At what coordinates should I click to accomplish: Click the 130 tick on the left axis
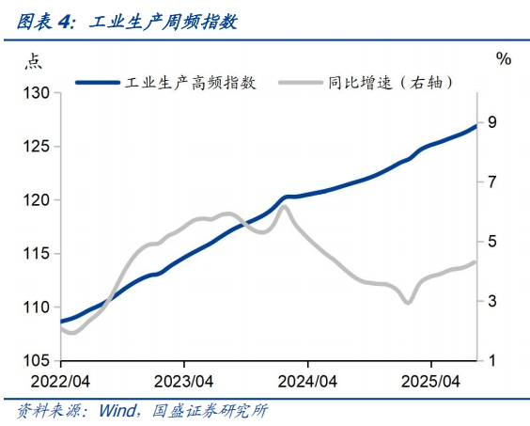36,93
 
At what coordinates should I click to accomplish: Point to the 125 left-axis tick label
36,147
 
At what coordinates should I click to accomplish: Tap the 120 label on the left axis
36,200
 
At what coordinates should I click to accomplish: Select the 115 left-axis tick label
36,253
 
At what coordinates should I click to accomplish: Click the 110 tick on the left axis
36,308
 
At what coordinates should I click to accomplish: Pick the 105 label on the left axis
36,361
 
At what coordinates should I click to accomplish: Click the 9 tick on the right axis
492,122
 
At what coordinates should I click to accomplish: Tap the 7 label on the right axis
492,182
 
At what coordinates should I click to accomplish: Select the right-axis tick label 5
492,242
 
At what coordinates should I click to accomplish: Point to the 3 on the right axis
492,301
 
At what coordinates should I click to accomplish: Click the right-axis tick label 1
492,360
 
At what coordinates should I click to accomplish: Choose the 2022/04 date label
60,382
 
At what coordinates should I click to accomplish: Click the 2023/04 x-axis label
184,382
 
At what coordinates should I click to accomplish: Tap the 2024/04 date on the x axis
307,382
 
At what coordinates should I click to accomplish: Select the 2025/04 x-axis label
430,382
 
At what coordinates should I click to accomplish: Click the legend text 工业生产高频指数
191,83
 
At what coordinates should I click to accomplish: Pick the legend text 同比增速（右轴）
390,83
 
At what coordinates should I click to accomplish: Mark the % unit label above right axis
504,59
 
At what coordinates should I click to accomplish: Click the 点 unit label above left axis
33,61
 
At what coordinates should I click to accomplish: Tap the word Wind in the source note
117,410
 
